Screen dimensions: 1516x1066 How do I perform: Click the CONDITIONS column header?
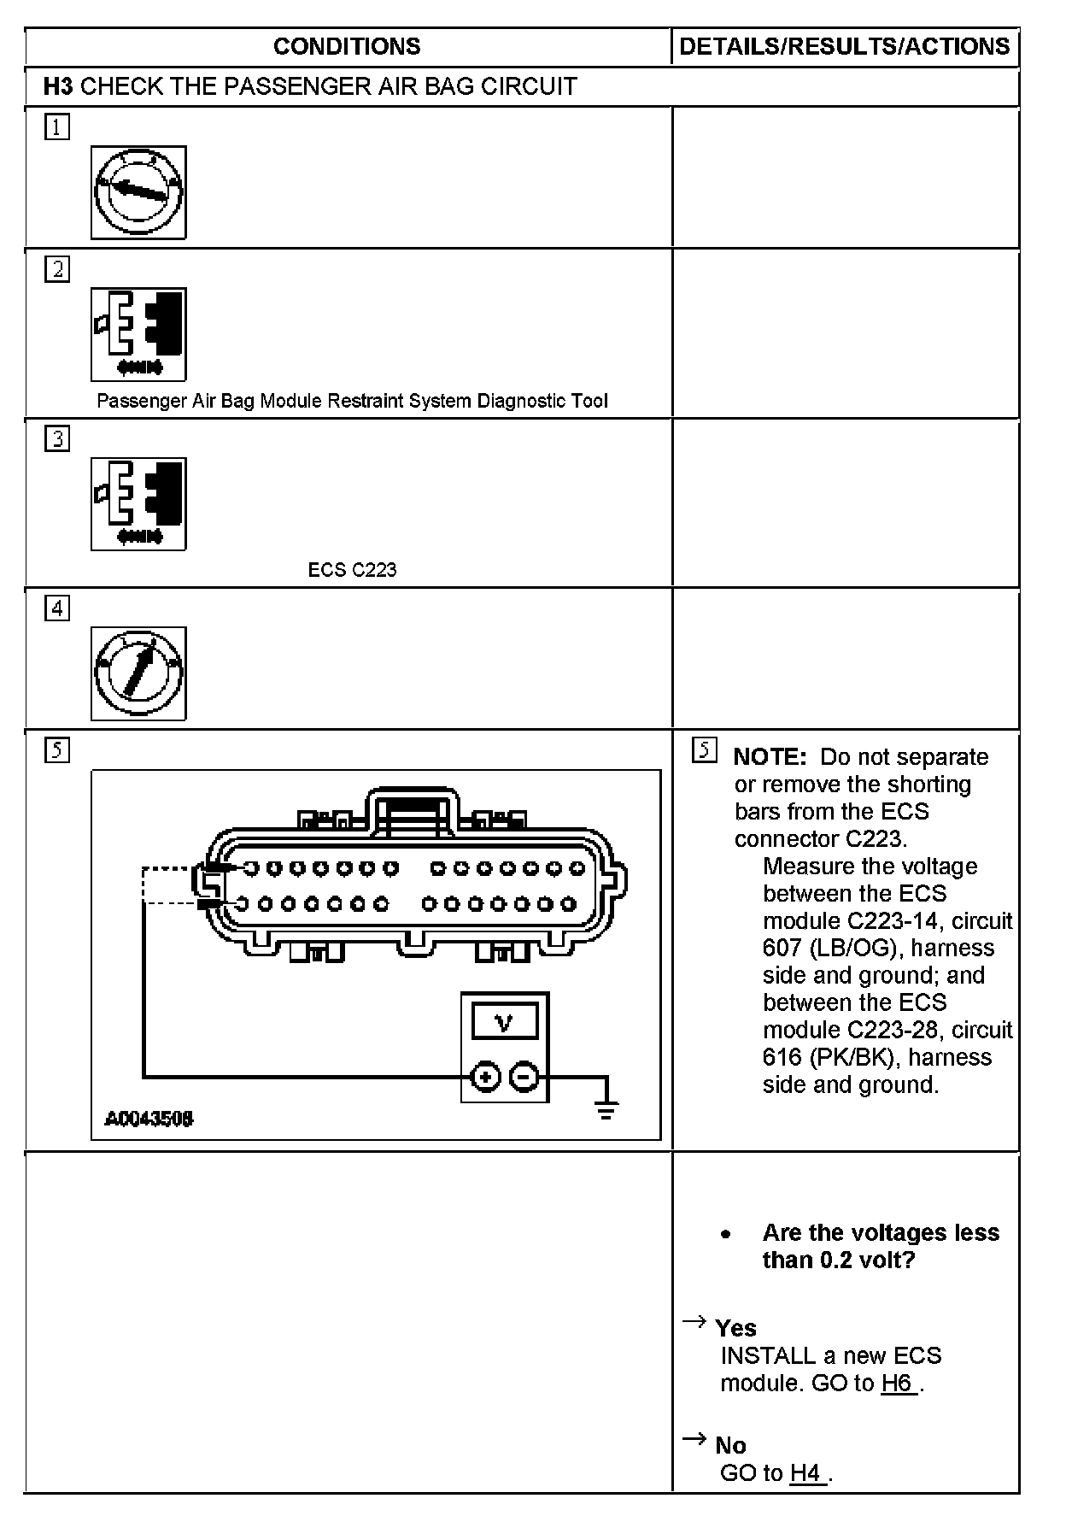click(347, 46)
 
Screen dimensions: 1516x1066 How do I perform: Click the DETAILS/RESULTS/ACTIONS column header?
click(845, 46)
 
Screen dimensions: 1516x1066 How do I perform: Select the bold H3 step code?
click(58, 86)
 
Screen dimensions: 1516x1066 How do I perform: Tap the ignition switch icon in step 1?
click(138, 192)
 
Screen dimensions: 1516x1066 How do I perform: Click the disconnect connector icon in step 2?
click(138, 334)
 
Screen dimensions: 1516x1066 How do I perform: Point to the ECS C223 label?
click(352, 570)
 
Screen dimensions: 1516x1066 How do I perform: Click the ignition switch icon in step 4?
click(138, 673)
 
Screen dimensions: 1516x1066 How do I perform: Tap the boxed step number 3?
click(57, 439)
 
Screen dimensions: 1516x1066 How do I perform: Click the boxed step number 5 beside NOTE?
click(704, 750)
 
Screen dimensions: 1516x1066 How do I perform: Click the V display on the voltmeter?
click(504, 1021)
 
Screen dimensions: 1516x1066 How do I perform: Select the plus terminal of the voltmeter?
click(485, 1076)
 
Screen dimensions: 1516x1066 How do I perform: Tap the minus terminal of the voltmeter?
click(524, 1076)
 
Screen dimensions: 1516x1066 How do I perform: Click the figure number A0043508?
click(149, 1118)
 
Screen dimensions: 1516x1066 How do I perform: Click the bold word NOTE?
click(770, 757)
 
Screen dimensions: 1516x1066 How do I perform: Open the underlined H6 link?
click(899, 1384)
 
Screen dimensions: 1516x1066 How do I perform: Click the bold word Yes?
click(735, 1329)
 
